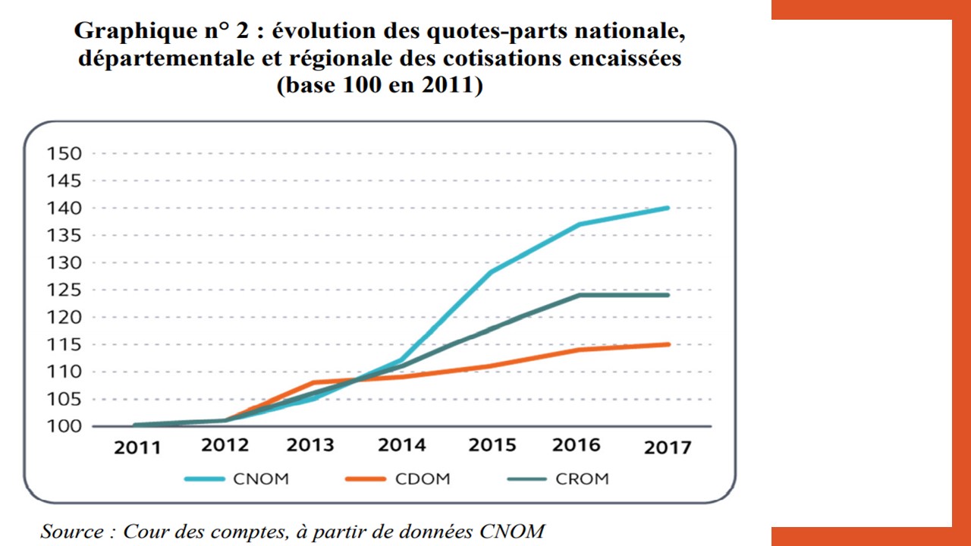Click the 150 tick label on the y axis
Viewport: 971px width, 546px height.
tap(64, 154)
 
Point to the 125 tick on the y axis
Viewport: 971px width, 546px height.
tap(64, 290)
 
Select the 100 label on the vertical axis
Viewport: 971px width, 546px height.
tap(64, 426)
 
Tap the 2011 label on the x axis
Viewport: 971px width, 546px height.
tap(137, 447)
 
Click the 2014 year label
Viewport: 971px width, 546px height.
tap(402, 444)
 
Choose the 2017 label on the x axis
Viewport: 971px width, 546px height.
tap(668, 447)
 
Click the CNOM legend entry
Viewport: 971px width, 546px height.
tap(261, 479)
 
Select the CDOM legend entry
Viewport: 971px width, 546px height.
tap(422, 479)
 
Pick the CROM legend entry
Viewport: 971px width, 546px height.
tap(582, 479)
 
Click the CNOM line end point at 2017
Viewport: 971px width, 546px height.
tap(668, 208)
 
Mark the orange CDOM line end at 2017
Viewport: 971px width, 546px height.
tap(668, 344)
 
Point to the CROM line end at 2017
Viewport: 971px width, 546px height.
tap(668, 295)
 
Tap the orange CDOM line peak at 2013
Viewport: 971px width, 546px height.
tap(315, 382)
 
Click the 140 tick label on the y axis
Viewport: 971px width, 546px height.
tap(64, 209)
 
